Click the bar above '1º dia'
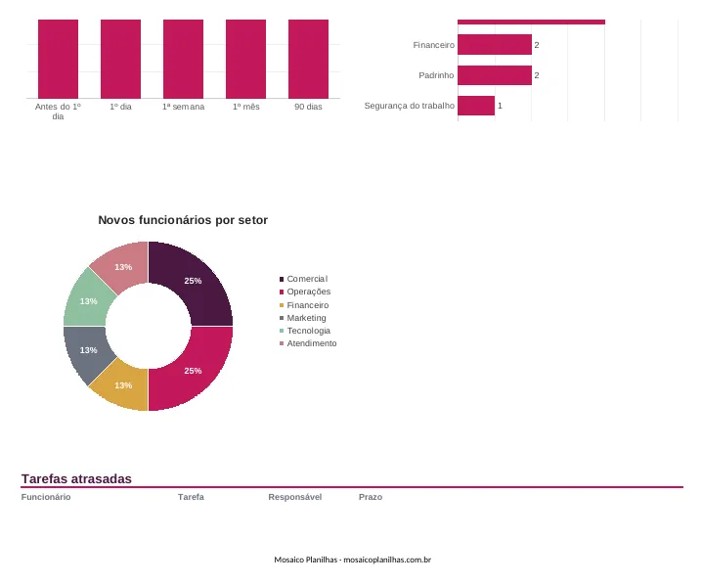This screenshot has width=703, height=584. click(x=120, y=59)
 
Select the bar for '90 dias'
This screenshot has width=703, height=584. click(x=308, y=59)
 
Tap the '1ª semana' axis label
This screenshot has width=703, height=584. click(x=184, y=107)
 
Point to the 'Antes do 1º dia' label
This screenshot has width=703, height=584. click(x=58, y=112)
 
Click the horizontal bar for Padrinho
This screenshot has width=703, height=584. click(x=495, y=75)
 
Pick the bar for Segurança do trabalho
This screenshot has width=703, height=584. click(x=476, y=106)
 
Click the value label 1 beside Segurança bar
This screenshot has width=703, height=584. click(x=500, y=106)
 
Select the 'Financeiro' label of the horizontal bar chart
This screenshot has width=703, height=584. click(x=433, y=45)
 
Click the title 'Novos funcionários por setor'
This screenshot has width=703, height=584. click(x=183, y=220)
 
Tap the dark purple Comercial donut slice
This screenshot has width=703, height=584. click(x=198, y=283)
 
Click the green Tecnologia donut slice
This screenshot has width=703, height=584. click(x=87, y=299)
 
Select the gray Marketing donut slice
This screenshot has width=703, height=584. click(x=87, y=352)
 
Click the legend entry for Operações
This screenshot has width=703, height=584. click(x=305, y=292)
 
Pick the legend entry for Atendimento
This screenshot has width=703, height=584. click(x=308, y=343)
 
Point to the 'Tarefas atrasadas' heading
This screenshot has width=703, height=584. click(x=76, y=478)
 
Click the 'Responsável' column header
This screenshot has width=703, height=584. click(x=295, y=497)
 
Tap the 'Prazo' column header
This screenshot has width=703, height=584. click(x=371, y=497)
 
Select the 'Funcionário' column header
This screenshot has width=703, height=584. click(x=46, y=497)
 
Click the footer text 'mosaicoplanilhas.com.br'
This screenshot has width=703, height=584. click(x=387, y=560)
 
